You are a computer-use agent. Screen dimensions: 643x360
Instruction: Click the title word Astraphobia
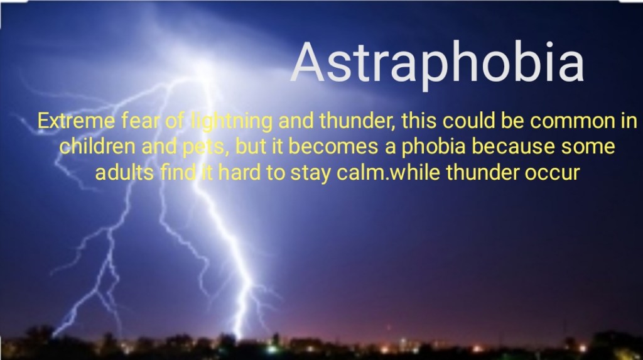pos(438,63)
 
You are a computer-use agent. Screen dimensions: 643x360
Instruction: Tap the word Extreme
pos(76,121)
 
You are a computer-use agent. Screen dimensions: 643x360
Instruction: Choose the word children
pos(97,146)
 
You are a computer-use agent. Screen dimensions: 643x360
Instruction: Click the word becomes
pos(333,146)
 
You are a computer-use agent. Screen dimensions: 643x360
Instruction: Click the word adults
pos(124,172)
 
